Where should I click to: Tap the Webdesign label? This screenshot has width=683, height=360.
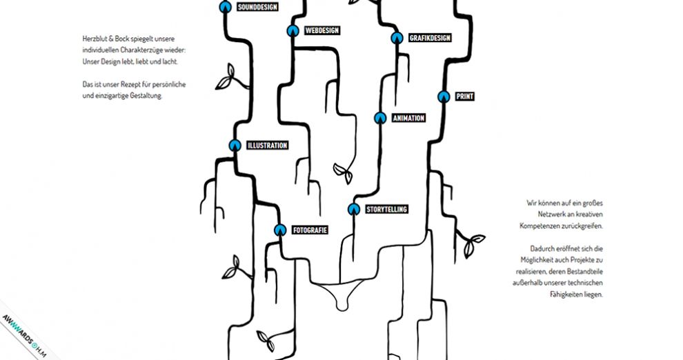tap(322, 30)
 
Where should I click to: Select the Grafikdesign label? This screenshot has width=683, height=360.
tap(429, 38)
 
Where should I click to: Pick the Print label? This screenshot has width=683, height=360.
tap(464, 97)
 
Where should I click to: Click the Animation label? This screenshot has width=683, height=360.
tap(408, 118)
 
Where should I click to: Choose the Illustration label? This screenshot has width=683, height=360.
tap(267, 146)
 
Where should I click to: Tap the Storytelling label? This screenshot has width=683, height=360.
tap(386, 209)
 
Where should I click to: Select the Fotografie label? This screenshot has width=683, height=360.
tap(309, 230)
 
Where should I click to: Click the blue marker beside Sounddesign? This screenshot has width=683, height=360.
tap(224, 8)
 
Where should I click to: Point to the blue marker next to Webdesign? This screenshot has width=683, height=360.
tap(293, 30)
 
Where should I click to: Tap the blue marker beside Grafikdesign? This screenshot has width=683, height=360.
tap(396, 38)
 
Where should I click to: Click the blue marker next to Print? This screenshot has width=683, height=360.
tap(444, 97)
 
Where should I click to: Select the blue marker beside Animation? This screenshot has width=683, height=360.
tap(379, 118)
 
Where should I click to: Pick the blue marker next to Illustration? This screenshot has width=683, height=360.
tap(234, 146)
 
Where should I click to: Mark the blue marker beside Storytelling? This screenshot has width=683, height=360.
tap(353, 209)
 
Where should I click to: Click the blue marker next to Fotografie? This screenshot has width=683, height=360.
tap(279, 230)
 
